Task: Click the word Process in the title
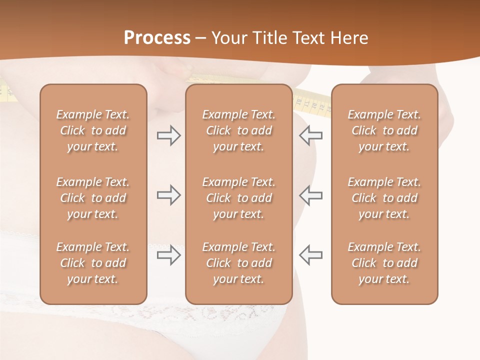157,38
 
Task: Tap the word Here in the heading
348,38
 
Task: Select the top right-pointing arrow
168,135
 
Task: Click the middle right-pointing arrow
168,195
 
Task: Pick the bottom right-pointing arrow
168,255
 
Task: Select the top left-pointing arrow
310,135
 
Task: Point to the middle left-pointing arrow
310,195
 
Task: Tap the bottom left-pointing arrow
310,255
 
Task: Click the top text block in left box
93,130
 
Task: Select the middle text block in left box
93,198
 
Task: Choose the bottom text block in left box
93,263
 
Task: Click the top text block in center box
238,130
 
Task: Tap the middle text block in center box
238,198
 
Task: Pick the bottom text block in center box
238,263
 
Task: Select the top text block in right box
384,130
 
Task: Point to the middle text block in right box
384,198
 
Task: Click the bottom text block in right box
384,263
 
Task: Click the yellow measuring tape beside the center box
312,102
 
